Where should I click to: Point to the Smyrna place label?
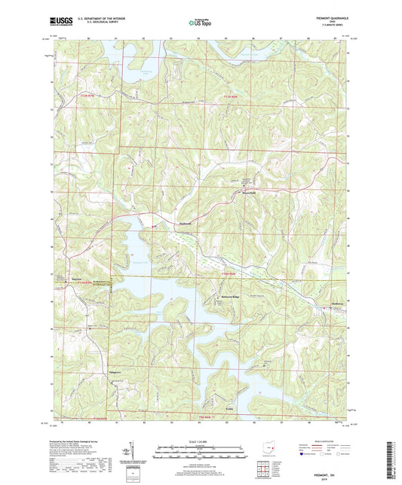pos(77,277)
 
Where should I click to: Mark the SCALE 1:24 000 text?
pos(201,441)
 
